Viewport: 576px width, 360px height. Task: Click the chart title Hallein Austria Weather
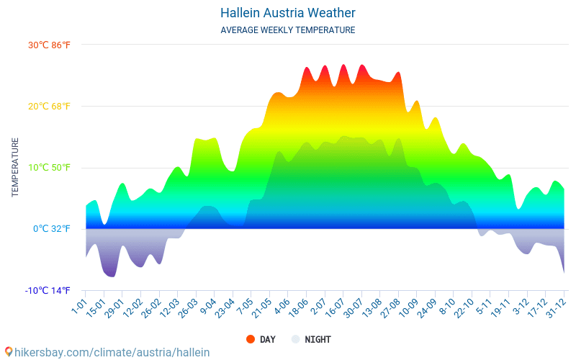click(x=287, y=13)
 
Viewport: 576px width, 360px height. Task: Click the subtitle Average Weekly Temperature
click(x=287, y=30)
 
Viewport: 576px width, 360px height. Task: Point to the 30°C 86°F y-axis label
click(x=50, y=45)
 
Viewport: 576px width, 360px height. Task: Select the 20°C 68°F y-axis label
click(x=50, y=107)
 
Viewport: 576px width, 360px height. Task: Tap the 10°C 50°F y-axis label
click(x=50, y=168)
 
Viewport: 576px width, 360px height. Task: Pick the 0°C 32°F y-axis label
click(x=52, y=229)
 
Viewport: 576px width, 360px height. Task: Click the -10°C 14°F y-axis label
click(x=48, y=291)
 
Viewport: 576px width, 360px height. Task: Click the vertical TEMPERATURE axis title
click(x=14, y=168)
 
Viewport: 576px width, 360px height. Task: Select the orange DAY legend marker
click(x=251, y=339)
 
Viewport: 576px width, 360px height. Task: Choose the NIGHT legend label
click(x=318, y=339)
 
